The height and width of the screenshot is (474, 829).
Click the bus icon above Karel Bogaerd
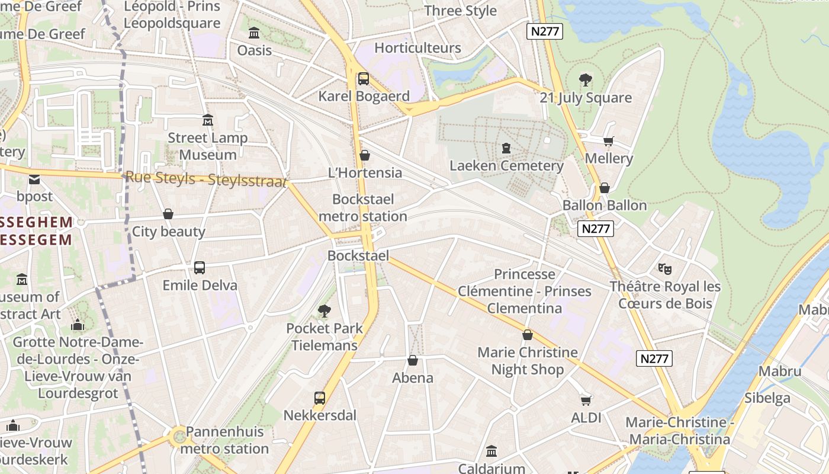364,78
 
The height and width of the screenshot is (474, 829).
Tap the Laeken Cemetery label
506,165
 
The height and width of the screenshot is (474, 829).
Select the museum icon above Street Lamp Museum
207,120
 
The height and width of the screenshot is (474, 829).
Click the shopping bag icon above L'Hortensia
365,155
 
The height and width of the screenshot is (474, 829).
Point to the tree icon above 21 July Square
586,79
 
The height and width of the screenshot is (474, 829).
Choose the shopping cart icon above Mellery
608,141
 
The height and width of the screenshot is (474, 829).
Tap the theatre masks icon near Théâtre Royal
665,269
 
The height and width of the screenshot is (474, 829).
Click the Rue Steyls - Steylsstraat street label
206,178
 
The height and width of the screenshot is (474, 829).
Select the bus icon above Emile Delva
200,268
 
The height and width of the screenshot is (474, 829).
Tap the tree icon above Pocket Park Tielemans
324,310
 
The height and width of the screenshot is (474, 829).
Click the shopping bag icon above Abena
413,360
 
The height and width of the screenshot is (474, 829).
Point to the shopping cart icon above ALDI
586,400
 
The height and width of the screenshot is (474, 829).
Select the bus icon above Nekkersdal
320,398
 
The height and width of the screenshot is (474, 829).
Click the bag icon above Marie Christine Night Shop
527,335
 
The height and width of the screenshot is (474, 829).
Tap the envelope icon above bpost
34,179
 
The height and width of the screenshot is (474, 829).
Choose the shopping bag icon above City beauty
168,214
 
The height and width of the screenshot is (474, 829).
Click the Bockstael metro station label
363,207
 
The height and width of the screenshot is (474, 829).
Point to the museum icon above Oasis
255,33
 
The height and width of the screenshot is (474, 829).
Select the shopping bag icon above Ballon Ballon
604,188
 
